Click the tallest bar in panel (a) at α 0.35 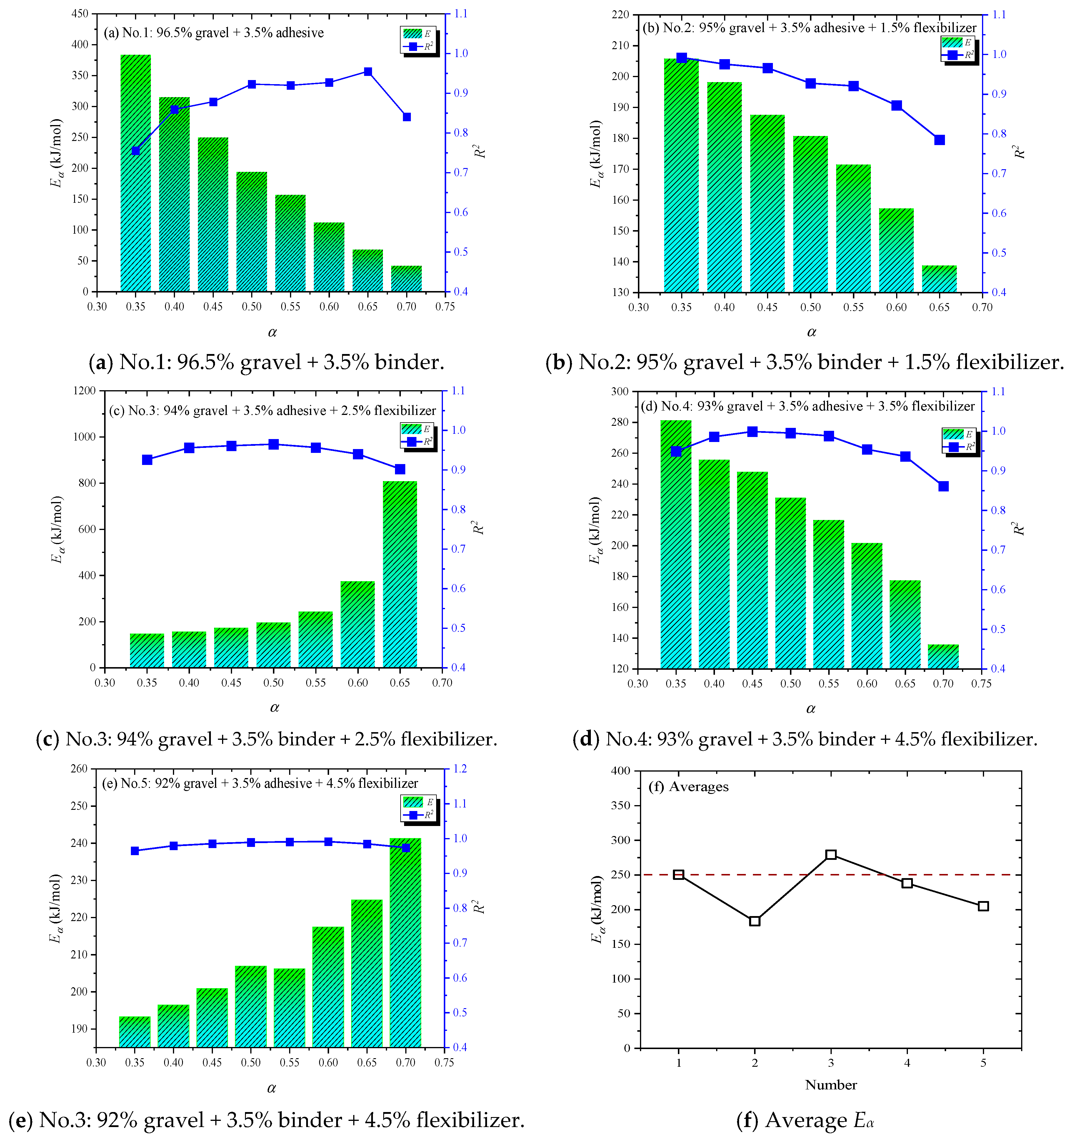click(x=136, y=172)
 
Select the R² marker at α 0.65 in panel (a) click(x=368, y=72)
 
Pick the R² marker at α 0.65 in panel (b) click(x=939, y=140)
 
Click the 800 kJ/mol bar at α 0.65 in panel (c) click(x=400, y=574)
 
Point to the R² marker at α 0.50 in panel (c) click(x=273, y=444)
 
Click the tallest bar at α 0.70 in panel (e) click(x=405, y=942)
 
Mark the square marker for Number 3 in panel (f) click(x=831, y=855)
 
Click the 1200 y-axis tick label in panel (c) click(x=84, y=390)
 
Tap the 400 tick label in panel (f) click(x=621, y=771)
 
